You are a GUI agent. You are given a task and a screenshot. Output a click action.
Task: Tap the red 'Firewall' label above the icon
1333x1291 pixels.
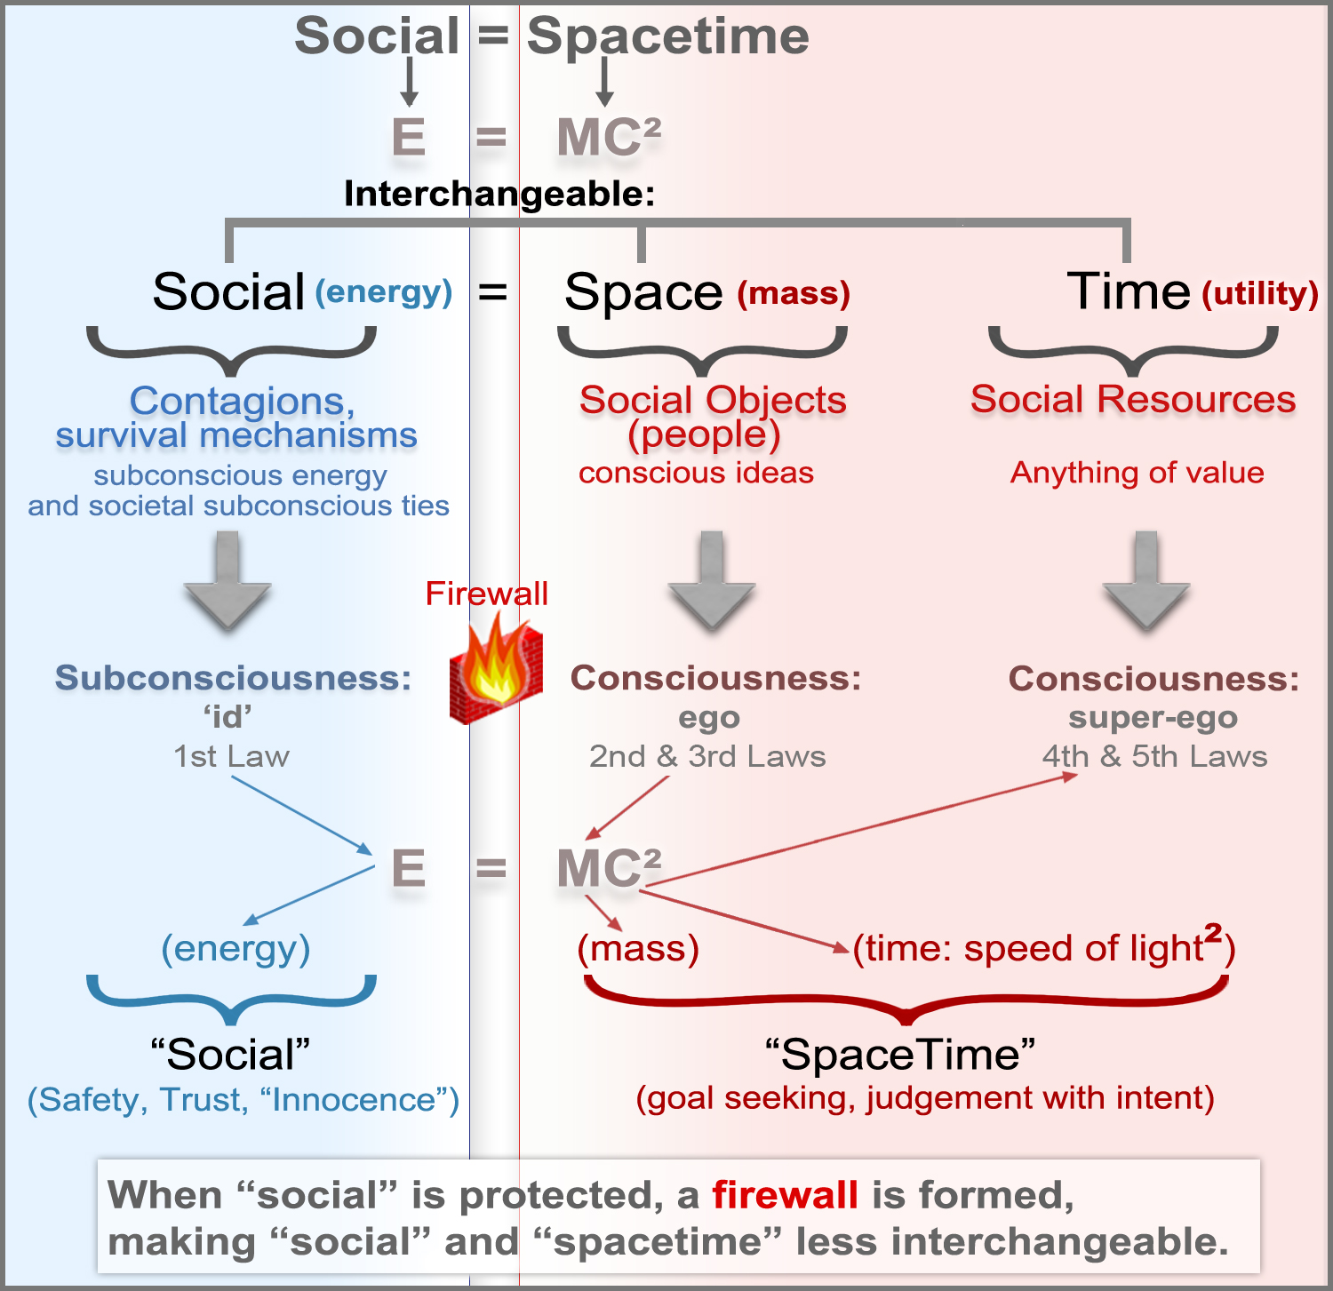[x=486, y=594]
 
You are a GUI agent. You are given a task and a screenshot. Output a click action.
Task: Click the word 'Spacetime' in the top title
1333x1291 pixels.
[x=667, y=36]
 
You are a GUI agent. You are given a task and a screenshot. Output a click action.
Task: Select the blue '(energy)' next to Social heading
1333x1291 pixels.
[x=384, y=292]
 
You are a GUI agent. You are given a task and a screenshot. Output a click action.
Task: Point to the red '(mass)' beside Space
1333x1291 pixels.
[x=794, y=293]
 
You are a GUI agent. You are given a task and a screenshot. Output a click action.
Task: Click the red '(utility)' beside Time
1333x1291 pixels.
[x=1259, y=293]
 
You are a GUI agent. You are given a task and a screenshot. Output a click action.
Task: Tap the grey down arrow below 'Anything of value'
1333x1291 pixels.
[x=1145, y=581]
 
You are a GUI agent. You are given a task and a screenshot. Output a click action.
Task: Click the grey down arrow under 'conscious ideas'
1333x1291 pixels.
[x=711, y=581]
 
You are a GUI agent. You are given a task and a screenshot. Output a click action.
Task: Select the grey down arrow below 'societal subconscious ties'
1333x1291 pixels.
[x=227, y=581]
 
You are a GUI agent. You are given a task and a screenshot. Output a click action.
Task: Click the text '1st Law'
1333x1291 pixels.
[x=231, y=756]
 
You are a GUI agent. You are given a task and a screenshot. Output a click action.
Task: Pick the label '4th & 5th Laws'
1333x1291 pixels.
[x=1154, y=756]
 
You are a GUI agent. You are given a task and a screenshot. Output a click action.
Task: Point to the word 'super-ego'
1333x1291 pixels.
[x=1153, y=717]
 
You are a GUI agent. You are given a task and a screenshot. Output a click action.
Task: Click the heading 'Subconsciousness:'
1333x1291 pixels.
[x=233, y=678]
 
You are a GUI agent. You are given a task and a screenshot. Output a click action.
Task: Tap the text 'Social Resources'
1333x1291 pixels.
[x=1133, y=399]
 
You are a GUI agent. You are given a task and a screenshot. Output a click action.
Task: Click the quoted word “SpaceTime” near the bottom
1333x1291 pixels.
[x=900, y=1055]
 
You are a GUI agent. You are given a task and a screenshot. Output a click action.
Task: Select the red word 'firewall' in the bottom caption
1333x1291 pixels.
[x=785, y=1195]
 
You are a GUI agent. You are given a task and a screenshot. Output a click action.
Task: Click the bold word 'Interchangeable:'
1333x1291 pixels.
[x=499, y=194]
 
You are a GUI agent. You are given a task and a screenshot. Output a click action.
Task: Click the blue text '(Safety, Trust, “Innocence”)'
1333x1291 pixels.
[x=243, y=1100]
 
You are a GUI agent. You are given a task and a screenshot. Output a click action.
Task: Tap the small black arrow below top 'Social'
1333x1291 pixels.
[x=409, y=83]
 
